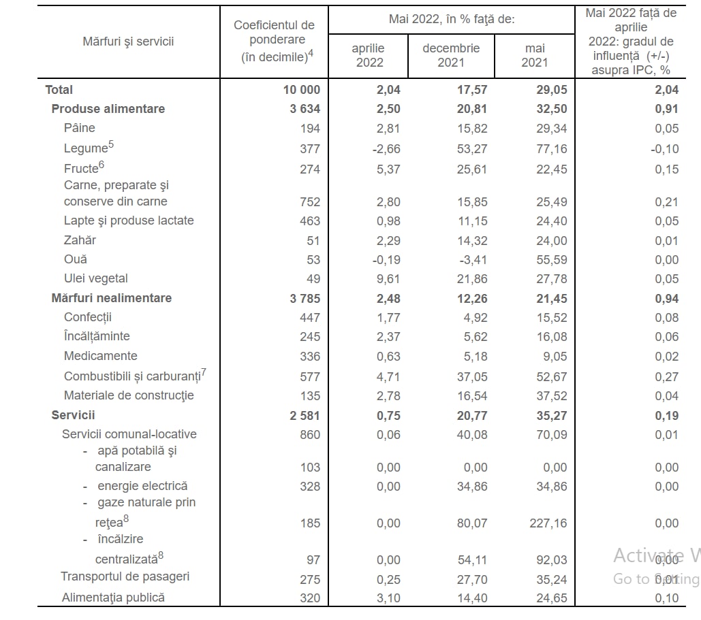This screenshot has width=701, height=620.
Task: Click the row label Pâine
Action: tap(79, 128)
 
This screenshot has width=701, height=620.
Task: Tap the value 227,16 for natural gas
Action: tap(546, 523)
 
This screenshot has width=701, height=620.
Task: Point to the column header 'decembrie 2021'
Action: tap(451, 55)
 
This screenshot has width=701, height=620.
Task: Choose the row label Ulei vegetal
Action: tap(95, 278)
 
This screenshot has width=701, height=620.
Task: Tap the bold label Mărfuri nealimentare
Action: tap(111, 298)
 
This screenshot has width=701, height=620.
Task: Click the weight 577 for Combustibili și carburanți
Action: tap(310, 377)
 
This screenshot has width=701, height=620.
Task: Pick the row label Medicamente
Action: tap(100, 356)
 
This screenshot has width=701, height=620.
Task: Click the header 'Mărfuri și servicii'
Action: tap(128, 42)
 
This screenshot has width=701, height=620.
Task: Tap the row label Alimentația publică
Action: tap(113, 598)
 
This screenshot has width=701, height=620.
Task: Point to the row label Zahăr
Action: tap(80, 240)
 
